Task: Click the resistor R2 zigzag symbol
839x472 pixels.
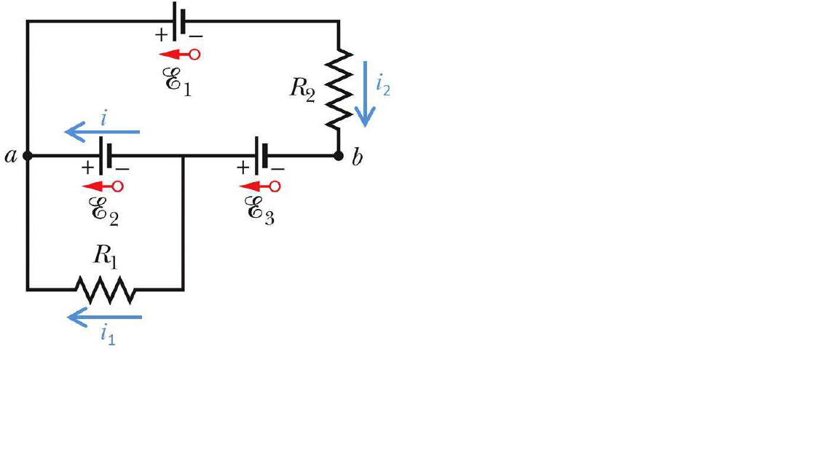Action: point(339,87)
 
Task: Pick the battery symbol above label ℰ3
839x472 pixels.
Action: point(260,155)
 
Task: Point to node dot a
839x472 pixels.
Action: point(28,156)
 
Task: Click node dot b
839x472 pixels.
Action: point(339,156)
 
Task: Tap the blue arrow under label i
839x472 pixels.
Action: point(102,132)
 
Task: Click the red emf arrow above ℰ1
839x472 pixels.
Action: point(179,54)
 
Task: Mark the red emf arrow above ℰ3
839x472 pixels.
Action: point(260,186)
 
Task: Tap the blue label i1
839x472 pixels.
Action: point(108,336)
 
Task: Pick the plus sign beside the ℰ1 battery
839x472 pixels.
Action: point(160,34)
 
